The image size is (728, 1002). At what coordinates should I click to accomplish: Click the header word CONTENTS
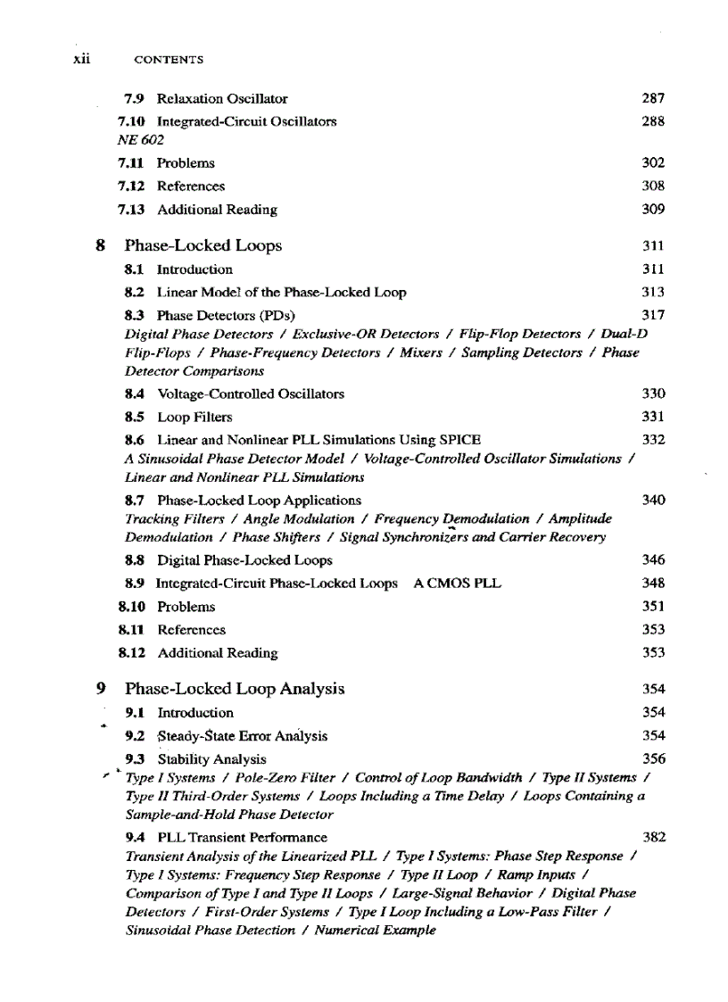click(168, 60)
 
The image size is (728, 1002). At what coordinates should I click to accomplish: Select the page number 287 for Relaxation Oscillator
click(653, 98)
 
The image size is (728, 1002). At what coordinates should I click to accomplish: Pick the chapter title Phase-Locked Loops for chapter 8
click(203, 245)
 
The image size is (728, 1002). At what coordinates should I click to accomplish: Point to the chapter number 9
click(101, 689)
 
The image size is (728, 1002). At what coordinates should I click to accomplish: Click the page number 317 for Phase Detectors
click(653, 315)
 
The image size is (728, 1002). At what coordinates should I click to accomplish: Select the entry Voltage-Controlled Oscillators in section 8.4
click(251, 393)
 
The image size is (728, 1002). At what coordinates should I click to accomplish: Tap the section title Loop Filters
click(194, 417)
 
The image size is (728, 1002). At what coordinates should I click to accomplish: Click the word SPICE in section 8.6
click(460, 440)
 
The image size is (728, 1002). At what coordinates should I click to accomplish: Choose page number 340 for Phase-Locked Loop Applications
click(653, 501)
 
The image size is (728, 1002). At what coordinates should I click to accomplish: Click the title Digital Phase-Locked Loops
click(244, 560)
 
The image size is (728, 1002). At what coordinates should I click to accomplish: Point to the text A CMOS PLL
click(458, 584)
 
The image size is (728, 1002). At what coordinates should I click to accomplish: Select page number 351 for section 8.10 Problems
click(653, 607)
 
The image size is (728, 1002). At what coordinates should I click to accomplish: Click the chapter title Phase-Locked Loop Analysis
click(235, 689)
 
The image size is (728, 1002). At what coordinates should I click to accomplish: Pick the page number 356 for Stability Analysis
click(653, 759)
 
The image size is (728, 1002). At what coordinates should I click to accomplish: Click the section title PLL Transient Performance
click(242, 838)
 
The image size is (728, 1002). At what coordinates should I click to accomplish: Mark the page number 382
click(653, 838)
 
